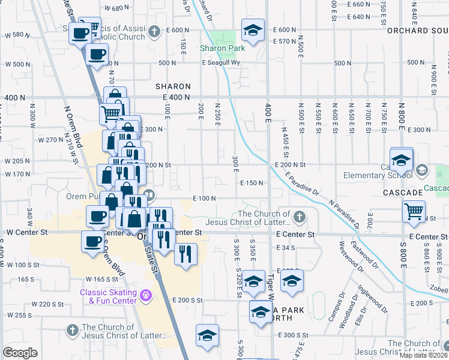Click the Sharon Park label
(221, 48)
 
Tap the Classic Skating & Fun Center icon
(145, 295)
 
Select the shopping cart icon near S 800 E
(414, 212)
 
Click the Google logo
(20, 353)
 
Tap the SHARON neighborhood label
(173, 86)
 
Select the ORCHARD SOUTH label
(418, 30)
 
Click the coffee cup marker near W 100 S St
(92, 242)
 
